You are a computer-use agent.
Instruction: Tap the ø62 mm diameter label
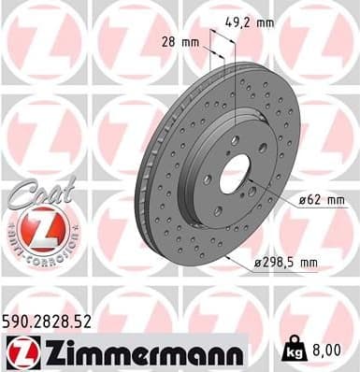tap(321, 200)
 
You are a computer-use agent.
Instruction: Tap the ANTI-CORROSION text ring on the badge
tap(40, 257)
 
